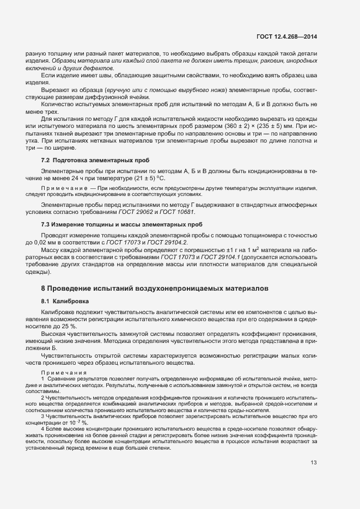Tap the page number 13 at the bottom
[314, 463]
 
